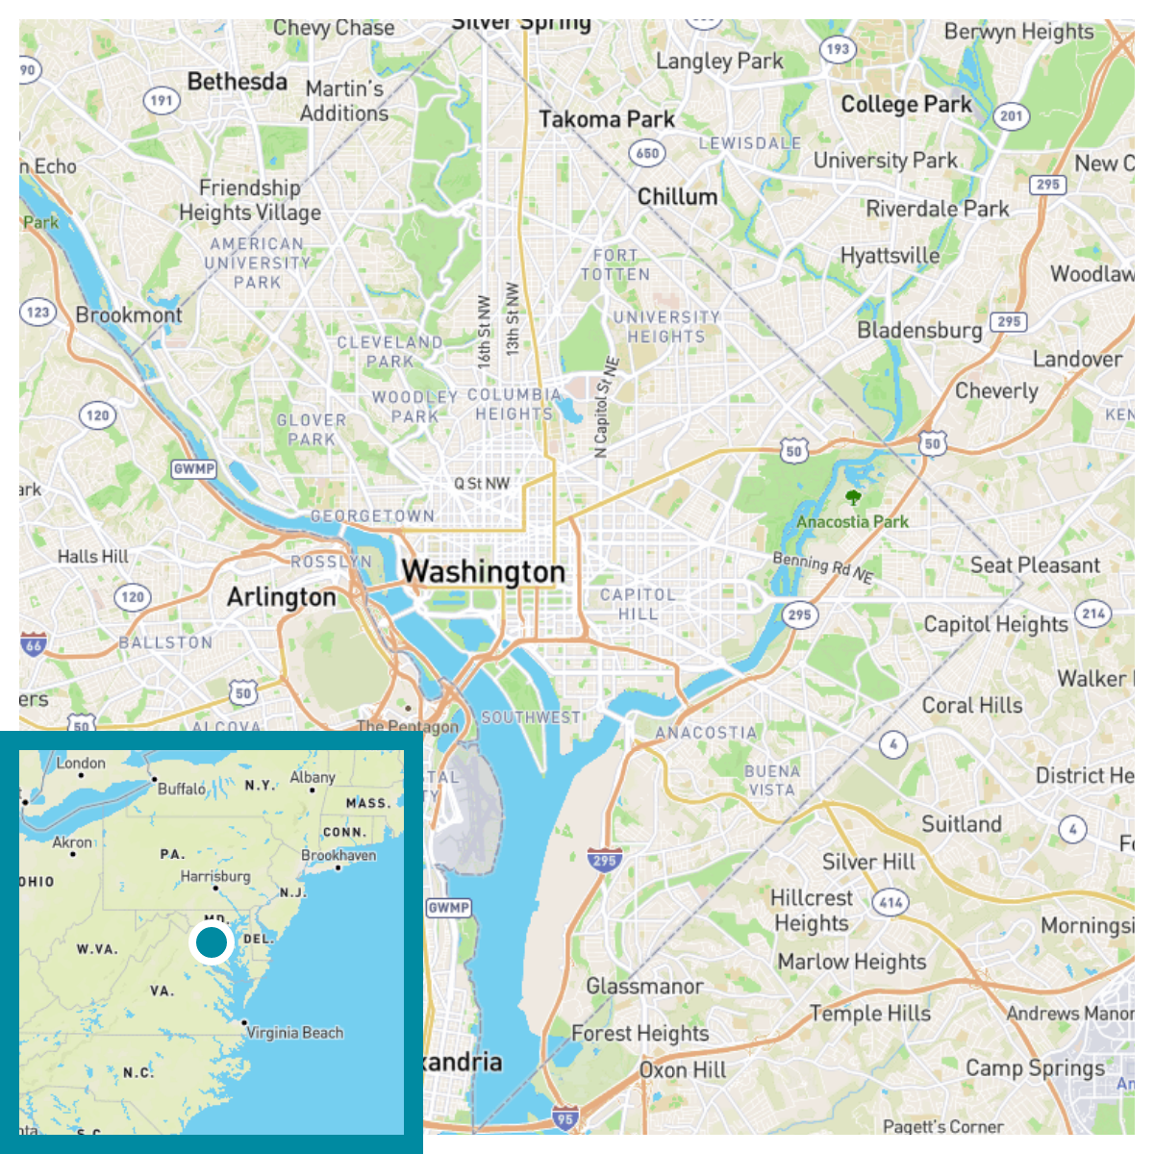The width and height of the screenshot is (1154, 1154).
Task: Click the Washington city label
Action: tap(484, 572)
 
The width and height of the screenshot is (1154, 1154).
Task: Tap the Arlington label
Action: tap(282, 598)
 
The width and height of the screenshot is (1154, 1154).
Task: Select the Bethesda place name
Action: tap(238, 83)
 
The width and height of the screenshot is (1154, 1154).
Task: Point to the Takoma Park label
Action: tap(607, 120)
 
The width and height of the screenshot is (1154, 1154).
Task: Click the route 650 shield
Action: tap(647, 153)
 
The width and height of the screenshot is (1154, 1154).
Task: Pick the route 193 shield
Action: tap(838, 49)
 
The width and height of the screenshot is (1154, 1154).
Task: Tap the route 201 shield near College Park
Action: tap(1011, 116)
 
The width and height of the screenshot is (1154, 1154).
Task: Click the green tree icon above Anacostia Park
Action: tap(852, 497)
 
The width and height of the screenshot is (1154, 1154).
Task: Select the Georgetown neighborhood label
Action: tap(372, 516)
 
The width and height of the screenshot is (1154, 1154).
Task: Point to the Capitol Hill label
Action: tap(638, 604)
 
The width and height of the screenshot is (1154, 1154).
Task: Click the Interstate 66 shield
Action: tap(34, 646)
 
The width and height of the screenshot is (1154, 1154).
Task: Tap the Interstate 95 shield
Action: tap(565, 1118)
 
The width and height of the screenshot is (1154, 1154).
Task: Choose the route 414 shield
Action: tap(891, 902)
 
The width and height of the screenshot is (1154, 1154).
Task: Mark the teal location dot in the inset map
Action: tap(212, 942)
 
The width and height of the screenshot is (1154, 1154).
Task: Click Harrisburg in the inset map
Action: tap(215, 877)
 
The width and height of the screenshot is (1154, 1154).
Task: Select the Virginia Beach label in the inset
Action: tap(294, 1033)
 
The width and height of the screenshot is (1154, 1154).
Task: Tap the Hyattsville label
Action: tap(890, 256)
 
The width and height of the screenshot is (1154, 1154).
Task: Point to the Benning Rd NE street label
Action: tap(823, 567)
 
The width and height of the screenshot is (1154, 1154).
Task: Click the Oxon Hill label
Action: tap(683, 1070)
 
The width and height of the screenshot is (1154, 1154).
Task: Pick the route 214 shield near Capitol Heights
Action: tap(1092, 614)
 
